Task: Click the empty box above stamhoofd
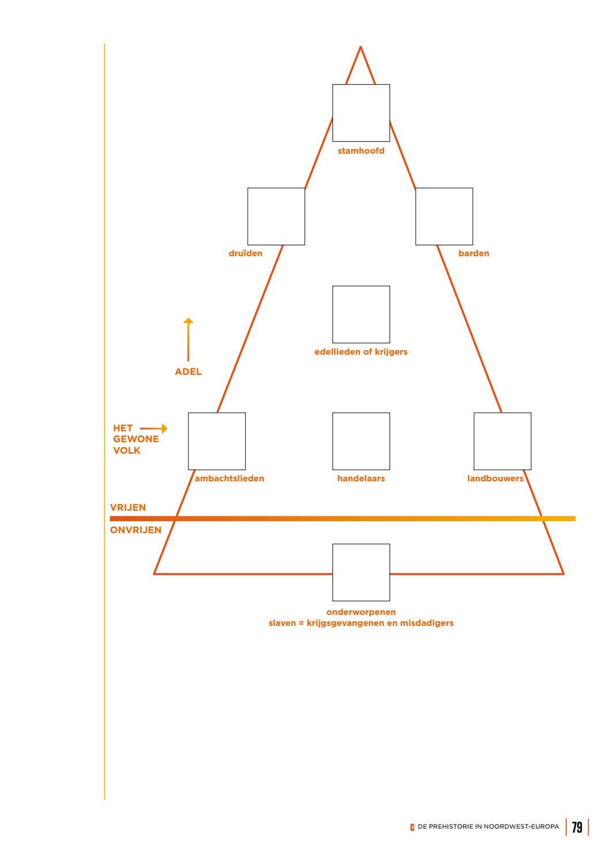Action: tap(361, 113)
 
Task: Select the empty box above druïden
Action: tap(276, 217)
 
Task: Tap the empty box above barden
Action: tap(444, 217)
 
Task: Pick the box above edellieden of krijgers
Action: tap(361, 314)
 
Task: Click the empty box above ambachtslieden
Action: tap(217, 441)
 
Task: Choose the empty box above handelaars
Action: tap(361, 441)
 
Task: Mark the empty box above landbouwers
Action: tap(502, 441)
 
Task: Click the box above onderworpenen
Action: tap(361, 572)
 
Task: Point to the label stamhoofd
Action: tap(361, 151)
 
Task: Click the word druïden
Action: tap(245, 253)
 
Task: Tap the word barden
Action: tap(473, 253)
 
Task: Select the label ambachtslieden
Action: tap(229, 479)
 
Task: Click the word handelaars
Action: tap(361, 479)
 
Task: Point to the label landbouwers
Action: tap(495, 479)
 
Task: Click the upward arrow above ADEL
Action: tap(188, 339)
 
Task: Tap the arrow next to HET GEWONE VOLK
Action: tap(154, 428)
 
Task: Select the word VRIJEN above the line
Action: tap(128, 507)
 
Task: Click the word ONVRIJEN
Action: tap(136, 530)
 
